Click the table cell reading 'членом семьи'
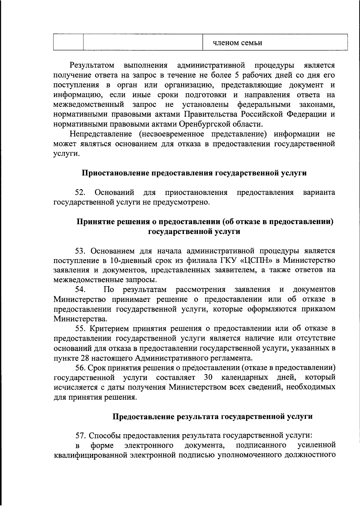pos(237,43)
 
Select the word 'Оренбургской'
pos(205,124)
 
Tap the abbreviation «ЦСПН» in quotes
pos(255,260)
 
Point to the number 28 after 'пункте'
pos(85,358)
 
